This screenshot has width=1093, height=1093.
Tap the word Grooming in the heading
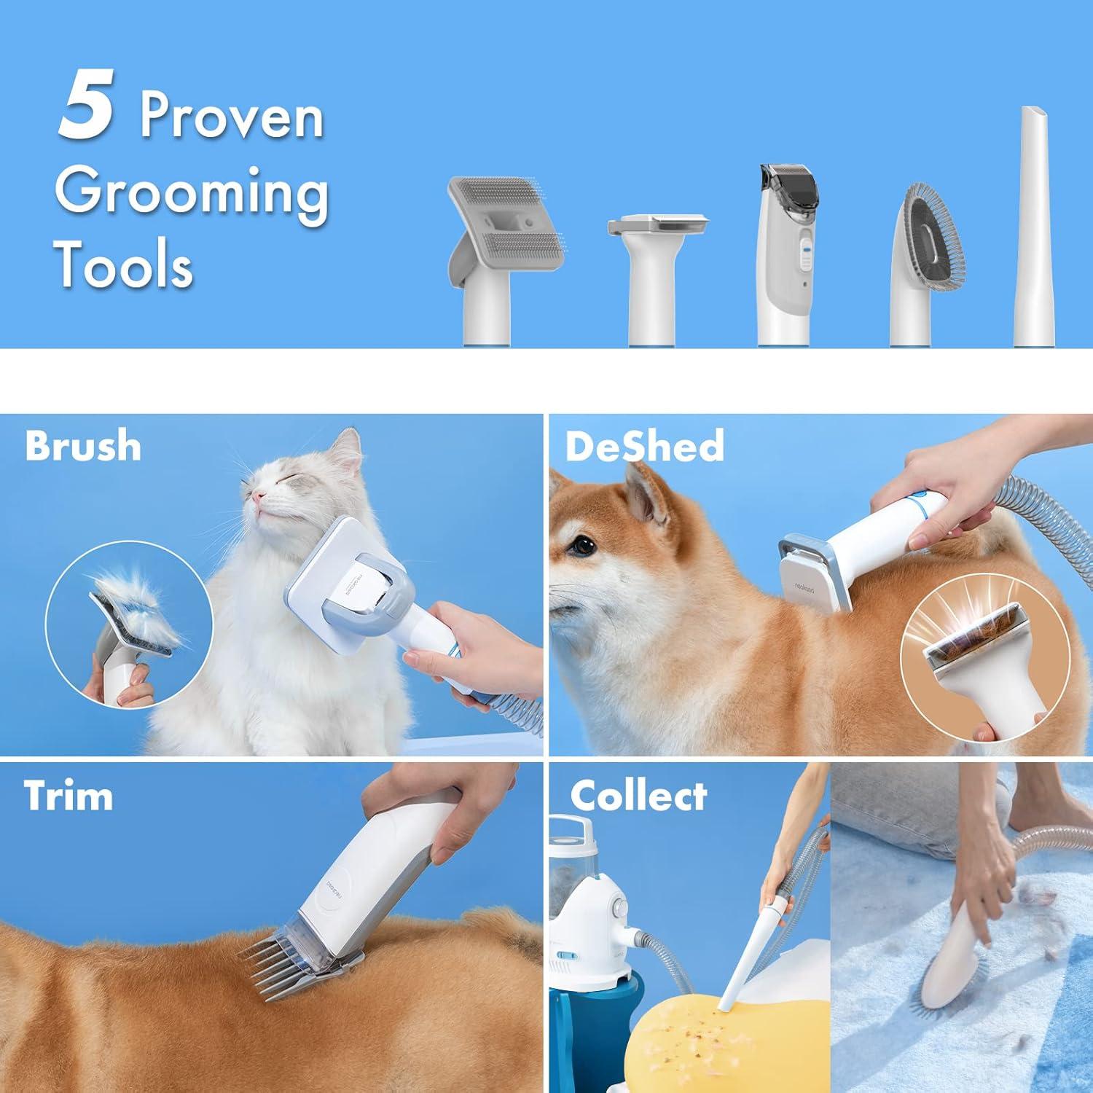pos(191,191)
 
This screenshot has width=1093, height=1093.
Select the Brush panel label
pos(82,445)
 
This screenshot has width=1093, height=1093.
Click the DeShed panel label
pos(644,445)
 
